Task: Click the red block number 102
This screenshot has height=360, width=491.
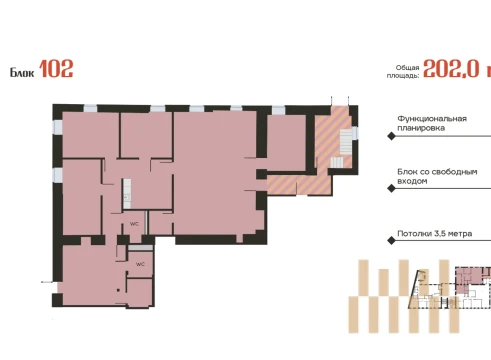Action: (56, 69)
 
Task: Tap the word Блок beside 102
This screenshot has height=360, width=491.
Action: (22, 72)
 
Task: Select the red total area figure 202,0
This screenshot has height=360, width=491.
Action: (451, 69)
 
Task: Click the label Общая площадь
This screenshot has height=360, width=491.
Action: (403, 72)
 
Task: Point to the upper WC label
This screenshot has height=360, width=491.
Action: (134, 224)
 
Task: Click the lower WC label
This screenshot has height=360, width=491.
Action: (140, 264)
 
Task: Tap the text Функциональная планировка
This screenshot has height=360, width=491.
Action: (432, 123)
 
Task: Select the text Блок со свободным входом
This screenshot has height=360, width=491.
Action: (437, 176)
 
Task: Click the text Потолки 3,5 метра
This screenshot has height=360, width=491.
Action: (434, 233)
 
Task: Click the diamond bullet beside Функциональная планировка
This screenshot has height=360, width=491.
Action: (392, 136)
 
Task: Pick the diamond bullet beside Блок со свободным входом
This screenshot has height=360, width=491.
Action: (392, 188)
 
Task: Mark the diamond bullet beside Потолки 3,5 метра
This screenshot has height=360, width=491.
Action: (392, 240)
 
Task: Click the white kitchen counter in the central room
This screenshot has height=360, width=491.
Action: (127, 194)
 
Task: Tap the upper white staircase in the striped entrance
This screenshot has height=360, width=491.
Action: (346, 142)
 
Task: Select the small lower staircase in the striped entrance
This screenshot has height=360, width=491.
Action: (337, 162)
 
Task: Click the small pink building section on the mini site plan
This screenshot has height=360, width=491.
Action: (471, 279)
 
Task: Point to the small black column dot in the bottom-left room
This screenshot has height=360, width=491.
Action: (118, 290)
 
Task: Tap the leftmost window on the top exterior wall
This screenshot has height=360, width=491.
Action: (90, 108)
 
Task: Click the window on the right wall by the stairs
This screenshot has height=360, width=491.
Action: (355, 133)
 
